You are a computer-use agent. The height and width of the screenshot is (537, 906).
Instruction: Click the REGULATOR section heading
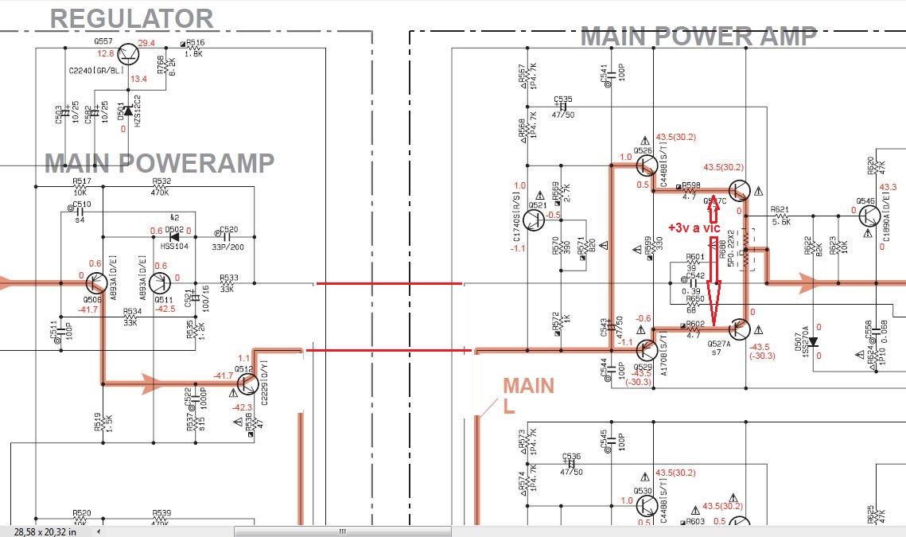coord(132,18)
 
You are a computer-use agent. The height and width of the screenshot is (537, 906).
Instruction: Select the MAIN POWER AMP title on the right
coord(698,36)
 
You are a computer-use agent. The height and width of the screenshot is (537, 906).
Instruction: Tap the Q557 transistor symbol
coord(128,54)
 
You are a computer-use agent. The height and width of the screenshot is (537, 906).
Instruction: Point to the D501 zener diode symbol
coord(127,111)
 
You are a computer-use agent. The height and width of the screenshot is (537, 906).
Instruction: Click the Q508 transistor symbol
coord(97,283)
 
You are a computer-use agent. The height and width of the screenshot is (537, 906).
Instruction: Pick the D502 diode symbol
coord(174,237)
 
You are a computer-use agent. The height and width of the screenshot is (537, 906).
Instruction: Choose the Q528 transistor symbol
coord(647,349)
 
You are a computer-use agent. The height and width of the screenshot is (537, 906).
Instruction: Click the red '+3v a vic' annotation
coord(694,228)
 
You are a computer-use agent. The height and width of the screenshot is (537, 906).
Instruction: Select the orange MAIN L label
coord(527,395)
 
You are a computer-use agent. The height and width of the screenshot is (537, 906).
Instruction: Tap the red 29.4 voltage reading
coord(146,43)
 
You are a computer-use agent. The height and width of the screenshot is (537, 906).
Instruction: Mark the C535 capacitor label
coord(564,100)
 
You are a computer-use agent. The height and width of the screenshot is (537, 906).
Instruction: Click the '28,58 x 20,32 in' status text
coord(45,531)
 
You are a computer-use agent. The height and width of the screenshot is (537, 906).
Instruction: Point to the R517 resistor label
coord(81,181)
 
